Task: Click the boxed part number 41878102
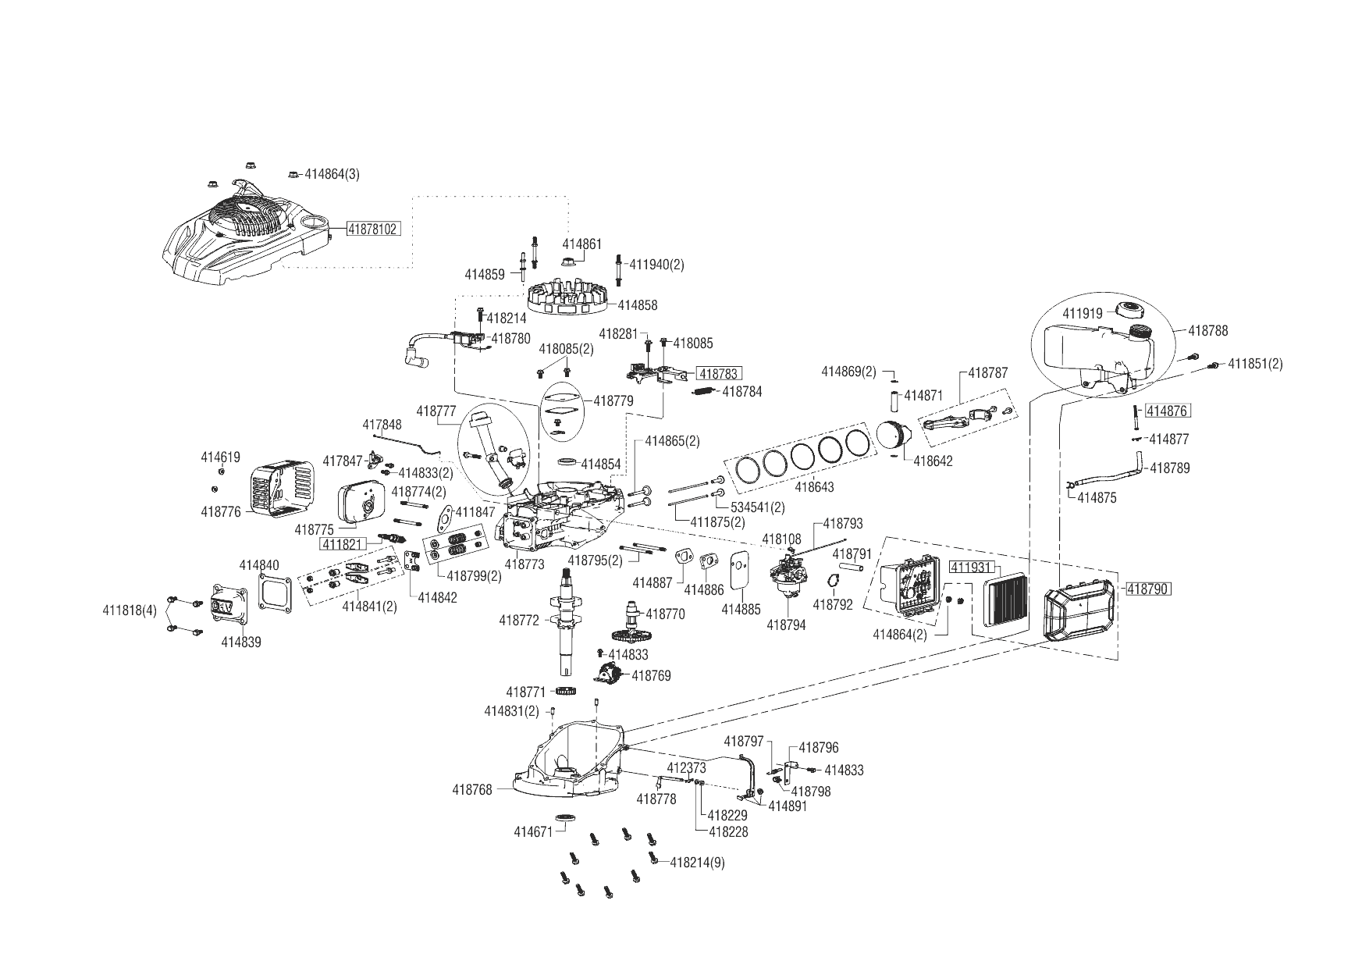click(374, 229)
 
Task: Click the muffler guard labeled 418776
click(282, 484)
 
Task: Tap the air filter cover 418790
click(1080, 614)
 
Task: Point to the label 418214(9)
click(698, 863)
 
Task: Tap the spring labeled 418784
click(705, 392)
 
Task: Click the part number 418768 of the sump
click(472, 789)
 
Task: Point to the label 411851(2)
click(1255, 364)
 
